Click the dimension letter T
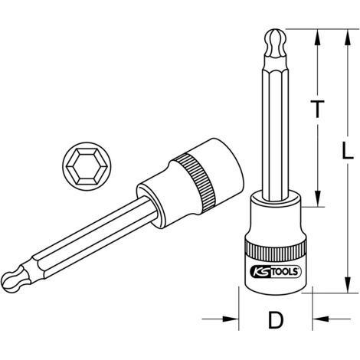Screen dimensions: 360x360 pyautogui.click(x=317, y=109)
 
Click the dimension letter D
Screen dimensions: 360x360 pyautogui.click(x=276, y=319)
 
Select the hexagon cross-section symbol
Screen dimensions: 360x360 pyautogui.click(x=87, y=166)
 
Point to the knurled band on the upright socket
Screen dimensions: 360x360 pyautogui.click(x=275, y=250)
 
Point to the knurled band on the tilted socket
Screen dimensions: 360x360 pyautogui.click(x=196, y=182)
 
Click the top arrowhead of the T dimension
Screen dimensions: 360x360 pyautogui.click(x=317, y=38)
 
